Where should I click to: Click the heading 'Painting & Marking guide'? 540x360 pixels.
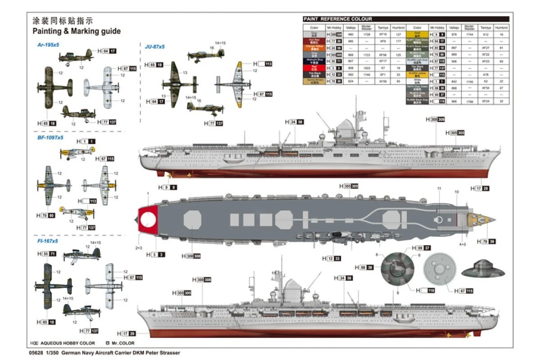click(76, 31)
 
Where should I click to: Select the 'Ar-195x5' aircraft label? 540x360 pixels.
click(48, 45)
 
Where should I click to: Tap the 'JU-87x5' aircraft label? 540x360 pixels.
click(154, 46)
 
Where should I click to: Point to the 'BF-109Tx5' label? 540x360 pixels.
click(50, 138)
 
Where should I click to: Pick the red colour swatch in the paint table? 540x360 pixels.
click(314, 67)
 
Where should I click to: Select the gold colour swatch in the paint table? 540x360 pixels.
click(417, 34)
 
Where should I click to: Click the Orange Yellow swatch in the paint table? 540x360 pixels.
click(314, 47)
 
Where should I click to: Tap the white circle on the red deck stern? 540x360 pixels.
click(148, 220)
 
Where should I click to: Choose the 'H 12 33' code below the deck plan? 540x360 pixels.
click(331, 258)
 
